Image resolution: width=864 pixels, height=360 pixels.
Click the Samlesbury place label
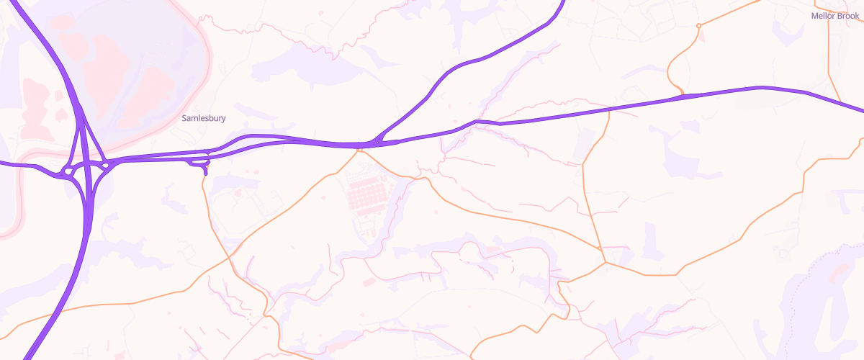[x=203, y=118]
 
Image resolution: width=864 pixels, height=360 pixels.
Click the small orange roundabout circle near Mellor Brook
[x=698, y=26]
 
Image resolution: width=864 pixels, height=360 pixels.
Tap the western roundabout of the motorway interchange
[x=68, y=171]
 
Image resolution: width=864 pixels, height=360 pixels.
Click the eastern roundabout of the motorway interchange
[x=105, y=166]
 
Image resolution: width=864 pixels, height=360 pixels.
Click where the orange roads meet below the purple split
[x=359, y=150]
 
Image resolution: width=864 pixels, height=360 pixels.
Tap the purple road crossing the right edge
[x=860, y=109]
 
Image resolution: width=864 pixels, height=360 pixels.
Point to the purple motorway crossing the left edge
[x=3, y=163]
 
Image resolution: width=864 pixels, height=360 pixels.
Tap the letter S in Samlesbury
[x=184, y=118]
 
